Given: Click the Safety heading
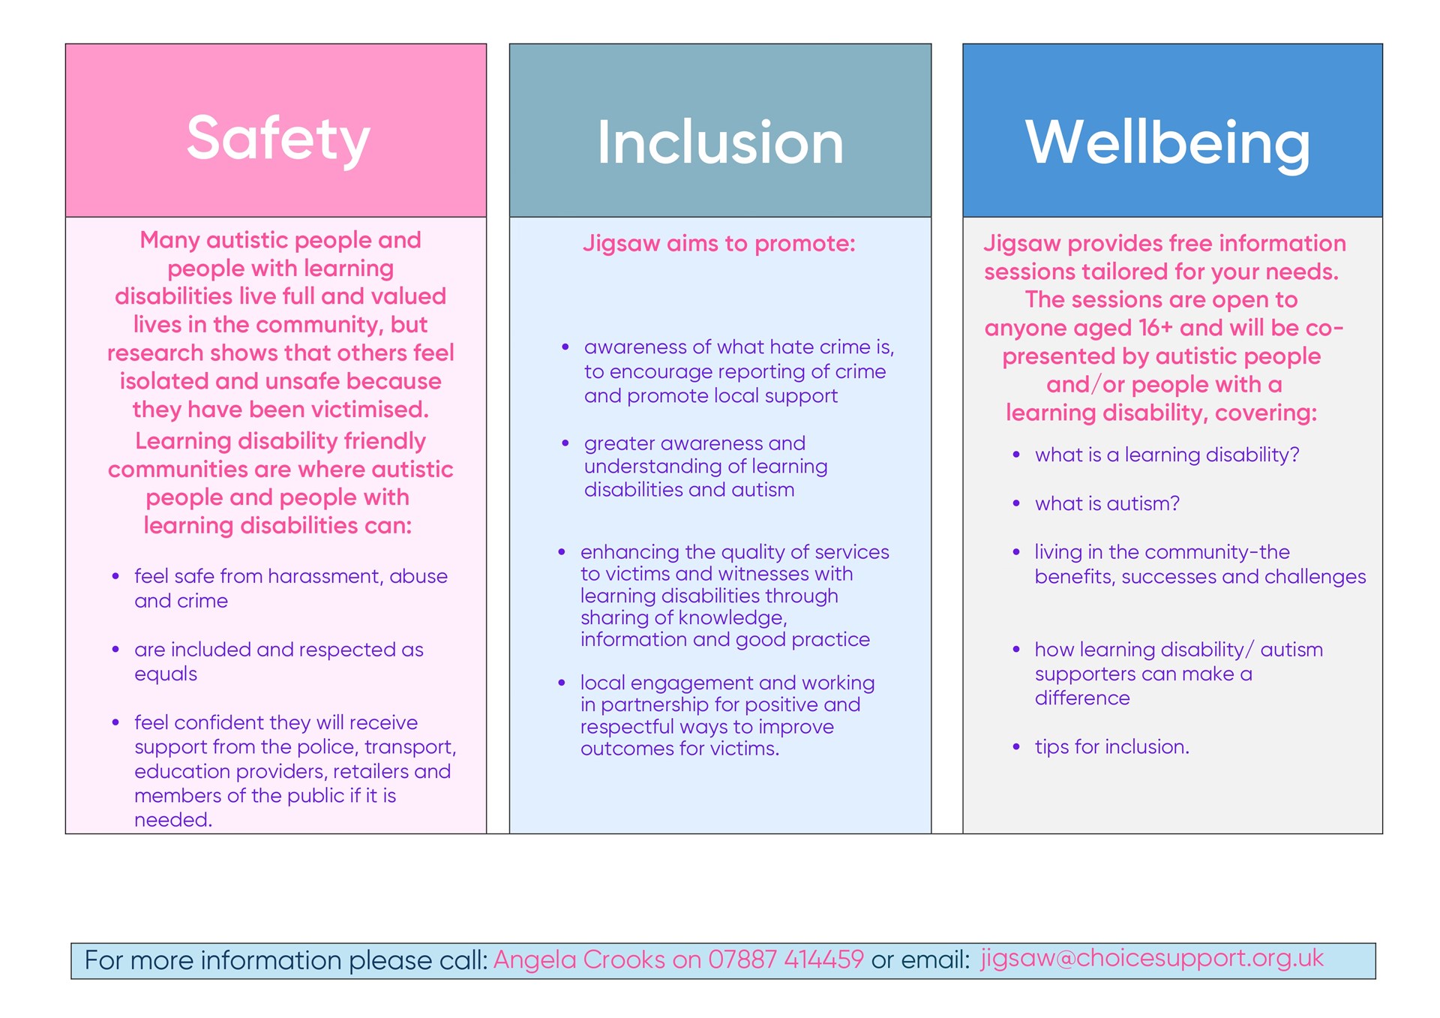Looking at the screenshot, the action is [x=278, y=140].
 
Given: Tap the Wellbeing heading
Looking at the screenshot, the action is [x=1168, y=144].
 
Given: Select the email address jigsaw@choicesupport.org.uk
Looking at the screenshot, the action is [x=1152, y=958].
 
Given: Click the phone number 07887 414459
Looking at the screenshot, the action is [x=786, y=959].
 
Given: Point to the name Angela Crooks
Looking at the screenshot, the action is [x=579, y=959].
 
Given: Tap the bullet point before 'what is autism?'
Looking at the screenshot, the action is [x=1016, y=503].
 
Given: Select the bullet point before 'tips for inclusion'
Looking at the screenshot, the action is [x=1016, y=747].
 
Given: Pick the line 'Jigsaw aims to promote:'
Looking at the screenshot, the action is [x=719, y=244].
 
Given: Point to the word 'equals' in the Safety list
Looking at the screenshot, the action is [x=166, y=674].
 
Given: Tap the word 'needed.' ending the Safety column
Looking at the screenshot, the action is [x=173, y=820].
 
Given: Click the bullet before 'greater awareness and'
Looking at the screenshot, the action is [x=565, y=443].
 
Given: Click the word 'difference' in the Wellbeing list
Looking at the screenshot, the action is [x=1082, y=698].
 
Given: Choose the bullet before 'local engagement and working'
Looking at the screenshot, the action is [x=562, y=683].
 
